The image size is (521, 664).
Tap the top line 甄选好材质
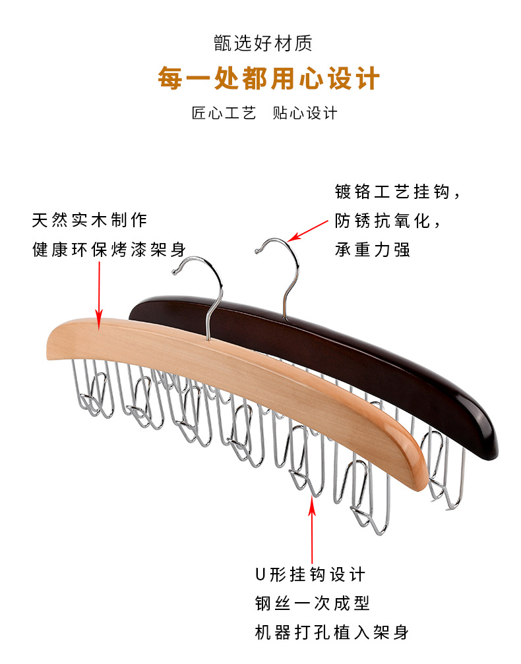pyautogui.click(x=262, y=44)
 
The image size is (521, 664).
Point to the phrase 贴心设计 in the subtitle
pyautogui.click(x=305, y=113)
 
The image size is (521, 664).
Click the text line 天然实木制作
pyautogui.click(x=90, y=219)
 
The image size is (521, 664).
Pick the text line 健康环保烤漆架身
pyautogui.click(x=109, y=250)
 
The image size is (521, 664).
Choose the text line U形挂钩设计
pyautogui.click(x=310, y=574)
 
